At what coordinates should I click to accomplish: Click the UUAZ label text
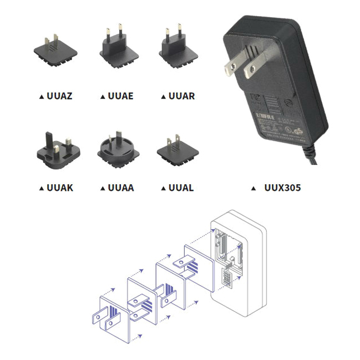(60, 96)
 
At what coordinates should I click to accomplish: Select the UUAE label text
(120, 96)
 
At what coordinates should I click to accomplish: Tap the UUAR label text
(181, 96)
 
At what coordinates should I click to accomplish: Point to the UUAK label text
(60, 187)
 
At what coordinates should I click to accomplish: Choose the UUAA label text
(120, 187)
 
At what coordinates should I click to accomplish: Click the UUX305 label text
(283, 187)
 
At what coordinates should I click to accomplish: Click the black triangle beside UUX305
(253, 188)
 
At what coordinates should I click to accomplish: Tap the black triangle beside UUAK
(42, 188)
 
